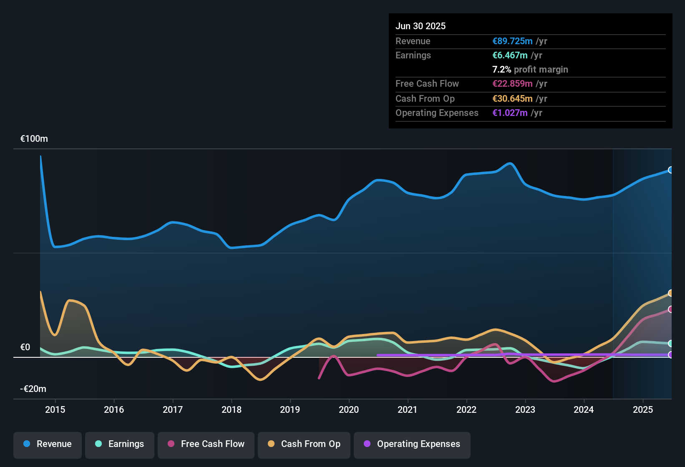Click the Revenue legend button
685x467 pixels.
tap(48, 444)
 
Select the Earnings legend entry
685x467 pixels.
tap(120, 444)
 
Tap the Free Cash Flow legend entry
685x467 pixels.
tap(206, 444)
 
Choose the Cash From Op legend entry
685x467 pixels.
tap(304, 444)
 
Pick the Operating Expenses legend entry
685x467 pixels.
tap(412, 444)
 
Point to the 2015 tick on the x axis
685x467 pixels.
tap(55, 409)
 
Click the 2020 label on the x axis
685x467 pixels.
tap(349, 409)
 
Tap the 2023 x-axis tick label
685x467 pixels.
tap(525, 409)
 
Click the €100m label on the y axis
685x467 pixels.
tap(34, 139)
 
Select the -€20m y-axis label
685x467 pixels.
tap(33, 389)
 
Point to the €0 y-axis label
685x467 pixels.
tap(25, 347)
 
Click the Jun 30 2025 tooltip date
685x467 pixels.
tap(421, 26)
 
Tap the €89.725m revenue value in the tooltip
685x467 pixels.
tap(512, 41)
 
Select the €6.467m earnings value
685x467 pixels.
tap(510, 55)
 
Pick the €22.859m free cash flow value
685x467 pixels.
tap(512, 84)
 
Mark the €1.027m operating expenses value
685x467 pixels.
tap(510, 113)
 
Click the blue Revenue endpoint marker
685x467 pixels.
tap(671, 170)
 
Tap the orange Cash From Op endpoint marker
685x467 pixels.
tap(671, 293)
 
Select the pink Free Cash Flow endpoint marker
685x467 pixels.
tap(671, 309)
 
